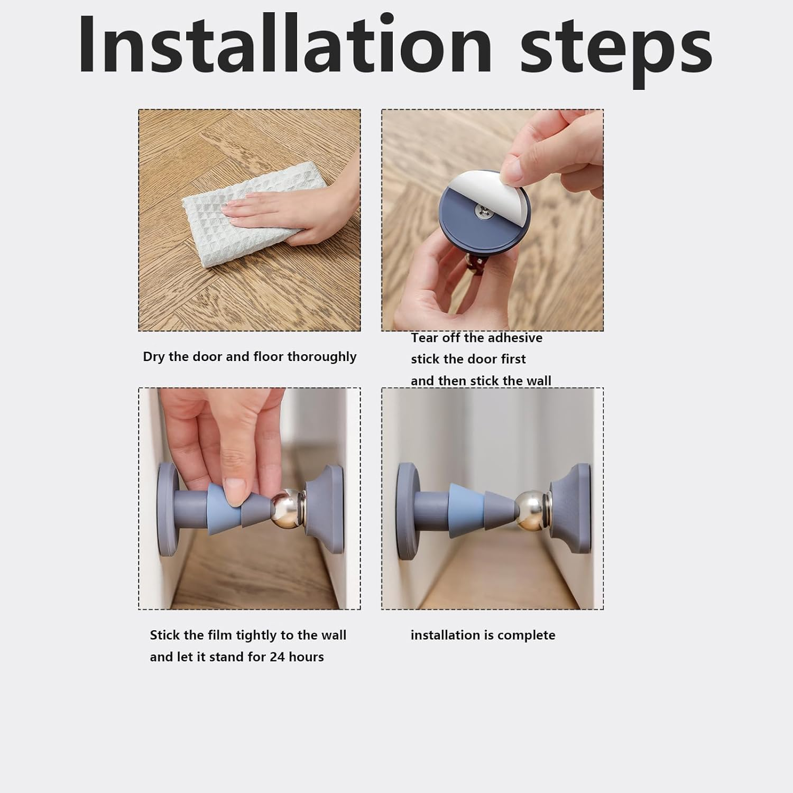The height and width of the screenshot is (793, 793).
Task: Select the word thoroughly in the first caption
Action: tap(321, 357)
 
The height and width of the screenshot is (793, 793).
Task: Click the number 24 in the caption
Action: tap(277, 657)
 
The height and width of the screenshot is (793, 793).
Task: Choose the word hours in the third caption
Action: tap(306, 657)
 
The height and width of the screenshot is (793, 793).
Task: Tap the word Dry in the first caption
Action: tap(154, 357)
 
